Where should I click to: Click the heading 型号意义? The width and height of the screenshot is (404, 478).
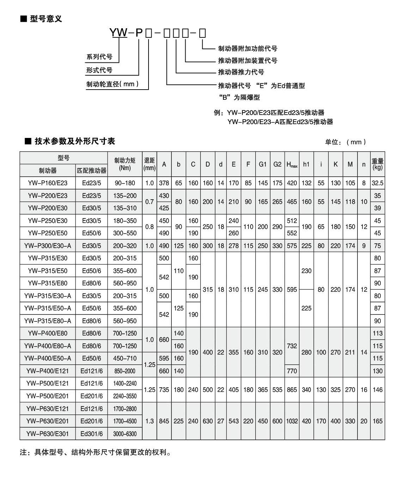coord(46,19)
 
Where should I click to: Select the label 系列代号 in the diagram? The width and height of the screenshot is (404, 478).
coord(99,57)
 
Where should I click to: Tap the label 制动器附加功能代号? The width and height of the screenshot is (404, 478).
coord(247,49)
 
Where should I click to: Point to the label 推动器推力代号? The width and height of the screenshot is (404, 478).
coord(241,72)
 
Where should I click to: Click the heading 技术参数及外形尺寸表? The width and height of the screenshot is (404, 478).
coord(75,141)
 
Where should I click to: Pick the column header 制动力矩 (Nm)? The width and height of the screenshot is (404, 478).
coord(125,164)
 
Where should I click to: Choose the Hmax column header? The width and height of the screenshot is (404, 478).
coord(292,164)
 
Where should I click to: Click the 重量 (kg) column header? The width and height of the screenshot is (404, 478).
coord(378,164)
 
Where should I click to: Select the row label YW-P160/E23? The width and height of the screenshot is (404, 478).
coord(48,183)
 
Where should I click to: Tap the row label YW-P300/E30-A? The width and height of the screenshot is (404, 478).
coord(48,246)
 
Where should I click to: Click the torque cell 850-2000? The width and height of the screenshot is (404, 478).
coord(125,371)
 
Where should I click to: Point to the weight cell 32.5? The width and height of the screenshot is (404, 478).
coord(378,183)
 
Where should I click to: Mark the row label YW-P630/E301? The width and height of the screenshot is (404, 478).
coord(48,434)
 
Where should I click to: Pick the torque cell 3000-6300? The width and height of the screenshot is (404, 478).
coord(125,434)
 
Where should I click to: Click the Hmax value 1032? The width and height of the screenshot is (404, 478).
coord(292,421)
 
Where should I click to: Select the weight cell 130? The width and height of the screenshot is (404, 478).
coord(378,371)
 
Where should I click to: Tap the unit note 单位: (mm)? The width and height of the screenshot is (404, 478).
coord(345,142)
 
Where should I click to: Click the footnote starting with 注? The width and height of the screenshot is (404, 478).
coord(96,453)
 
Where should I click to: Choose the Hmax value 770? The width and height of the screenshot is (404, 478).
coord(292,371)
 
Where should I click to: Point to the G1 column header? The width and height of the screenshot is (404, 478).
coord(263,164)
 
